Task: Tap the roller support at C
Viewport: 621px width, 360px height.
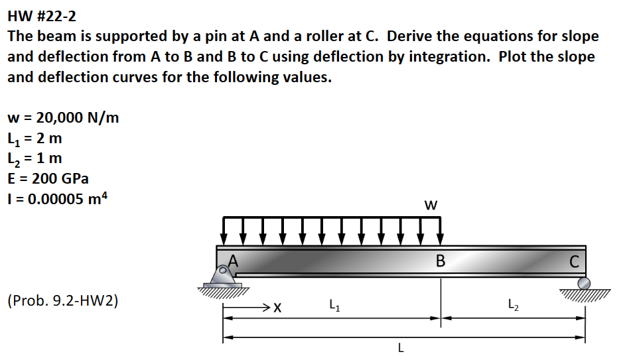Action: pos(583,284)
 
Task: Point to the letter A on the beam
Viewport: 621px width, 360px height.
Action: pos(232,261)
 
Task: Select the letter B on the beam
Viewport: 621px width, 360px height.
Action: pos(440,261)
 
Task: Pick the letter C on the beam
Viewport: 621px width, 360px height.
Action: pos(574,261)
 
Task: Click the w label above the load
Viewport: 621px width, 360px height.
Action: pos(431,206)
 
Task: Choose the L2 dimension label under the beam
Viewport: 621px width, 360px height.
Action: pos(513,306)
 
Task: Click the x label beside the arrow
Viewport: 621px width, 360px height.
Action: pos(277,308)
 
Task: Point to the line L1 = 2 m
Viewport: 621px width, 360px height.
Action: pos(35,139)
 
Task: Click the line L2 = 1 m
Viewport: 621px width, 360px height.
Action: pos(35,158)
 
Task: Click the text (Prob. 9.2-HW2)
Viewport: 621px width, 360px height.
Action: pos(63,301)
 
